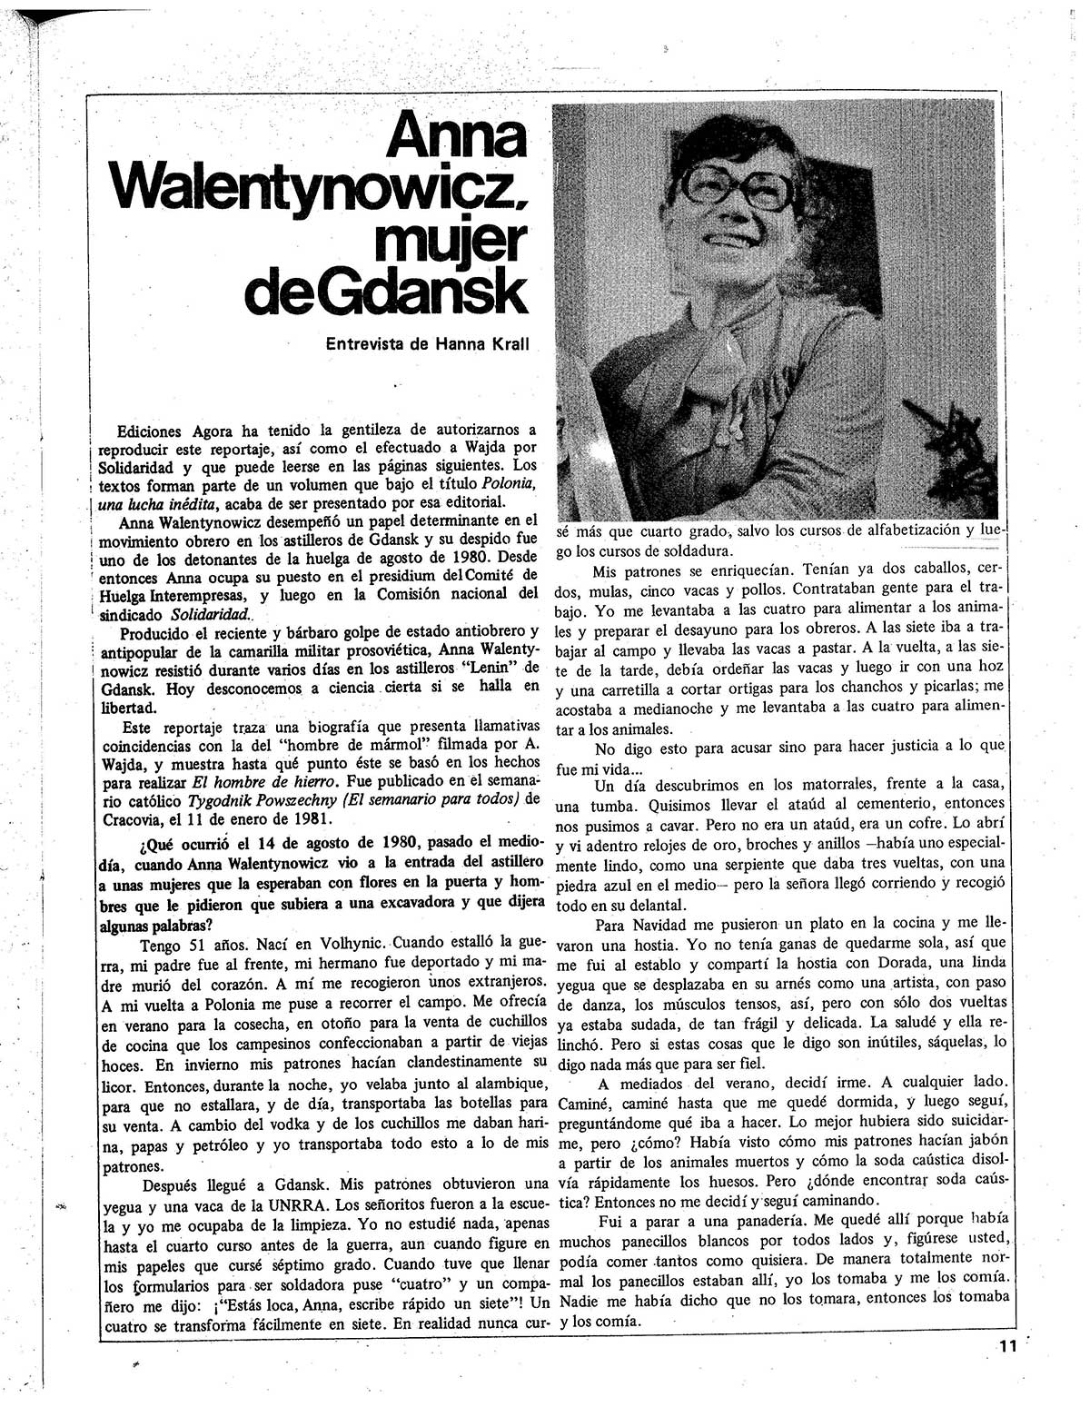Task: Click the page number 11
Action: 1005,1347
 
